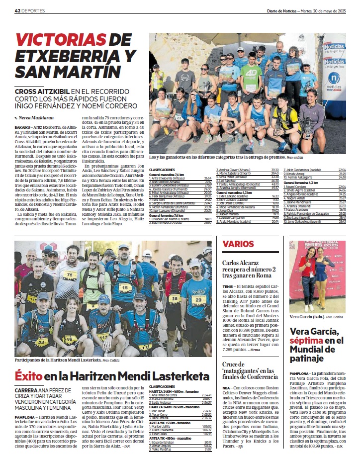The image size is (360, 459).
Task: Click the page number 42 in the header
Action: (17, 10)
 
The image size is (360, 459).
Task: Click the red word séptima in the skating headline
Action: (307, 340)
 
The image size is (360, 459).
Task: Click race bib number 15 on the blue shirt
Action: (124, 287)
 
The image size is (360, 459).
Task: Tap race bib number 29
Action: (198, 300)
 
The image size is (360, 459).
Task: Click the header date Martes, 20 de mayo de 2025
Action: (325, 10)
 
